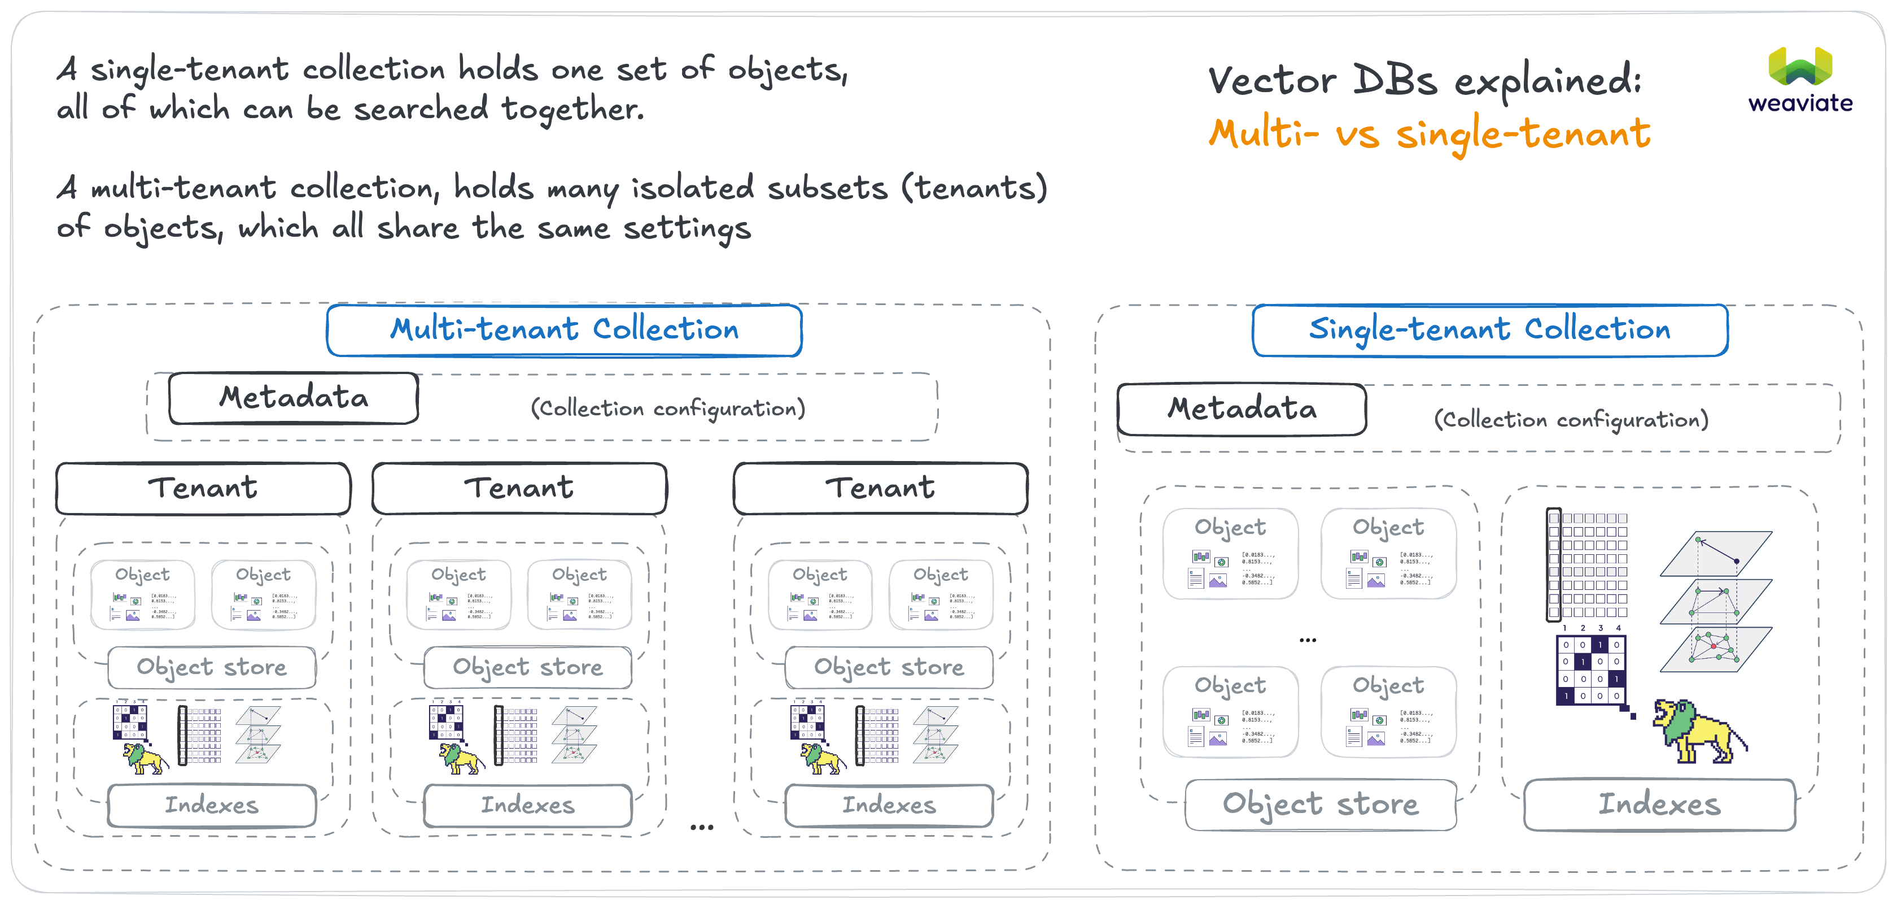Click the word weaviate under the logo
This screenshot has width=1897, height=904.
1800,103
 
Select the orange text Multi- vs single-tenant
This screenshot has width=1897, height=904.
1428,134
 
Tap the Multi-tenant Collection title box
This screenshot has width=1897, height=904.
564,330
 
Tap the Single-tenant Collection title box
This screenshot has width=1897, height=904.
1490,330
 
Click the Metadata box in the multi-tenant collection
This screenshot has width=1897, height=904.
294,398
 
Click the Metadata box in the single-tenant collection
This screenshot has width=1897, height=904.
1242,409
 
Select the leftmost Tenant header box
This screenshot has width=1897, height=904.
203,488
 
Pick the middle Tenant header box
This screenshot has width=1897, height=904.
519,488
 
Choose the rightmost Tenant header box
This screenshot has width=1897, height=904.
880,488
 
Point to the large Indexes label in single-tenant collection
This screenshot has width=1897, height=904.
1659,804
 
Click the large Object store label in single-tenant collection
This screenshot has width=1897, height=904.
1321,804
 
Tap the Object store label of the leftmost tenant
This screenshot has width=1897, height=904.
212,667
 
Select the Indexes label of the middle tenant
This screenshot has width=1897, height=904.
527,805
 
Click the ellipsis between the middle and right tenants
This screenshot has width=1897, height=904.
701,827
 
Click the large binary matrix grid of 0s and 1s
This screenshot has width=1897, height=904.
1590,669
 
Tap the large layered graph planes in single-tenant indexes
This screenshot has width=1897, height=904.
1716,601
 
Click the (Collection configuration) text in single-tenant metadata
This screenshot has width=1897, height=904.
1571,420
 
